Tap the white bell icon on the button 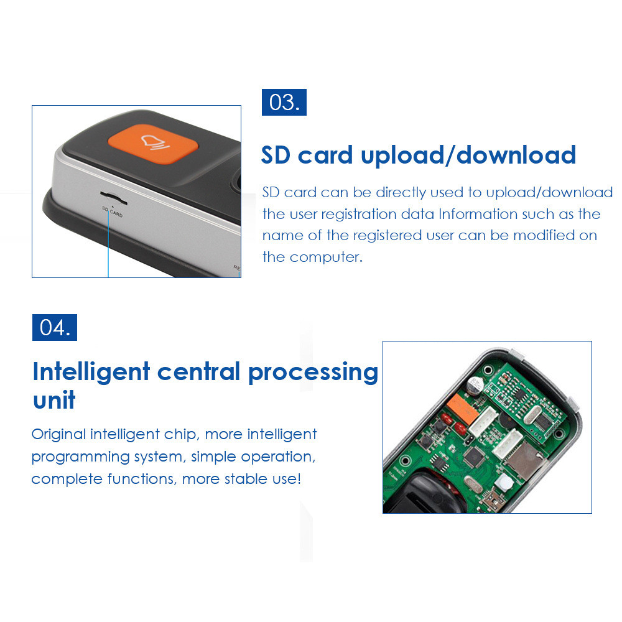click(x=152, y=142)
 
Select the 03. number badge click(x=284, y=102)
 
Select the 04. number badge click(x=55, y=327)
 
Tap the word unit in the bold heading click(x=54, y=399)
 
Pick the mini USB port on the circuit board click(x=497, y=498)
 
